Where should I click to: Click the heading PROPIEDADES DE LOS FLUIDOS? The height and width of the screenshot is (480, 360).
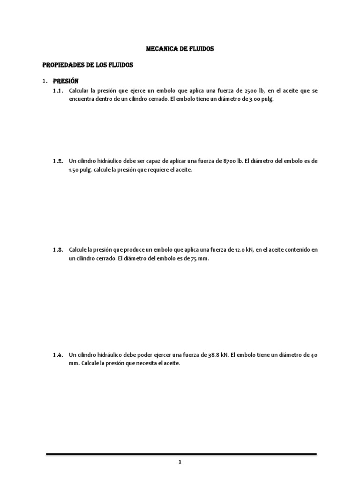[x=88, y=65]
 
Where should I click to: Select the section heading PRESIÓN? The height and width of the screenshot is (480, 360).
[x=66, y=81]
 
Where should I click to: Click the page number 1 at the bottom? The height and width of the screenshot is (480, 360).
[x=180, y=462]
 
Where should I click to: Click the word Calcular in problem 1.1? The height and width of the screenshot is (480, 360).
[x=81, y=91]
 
